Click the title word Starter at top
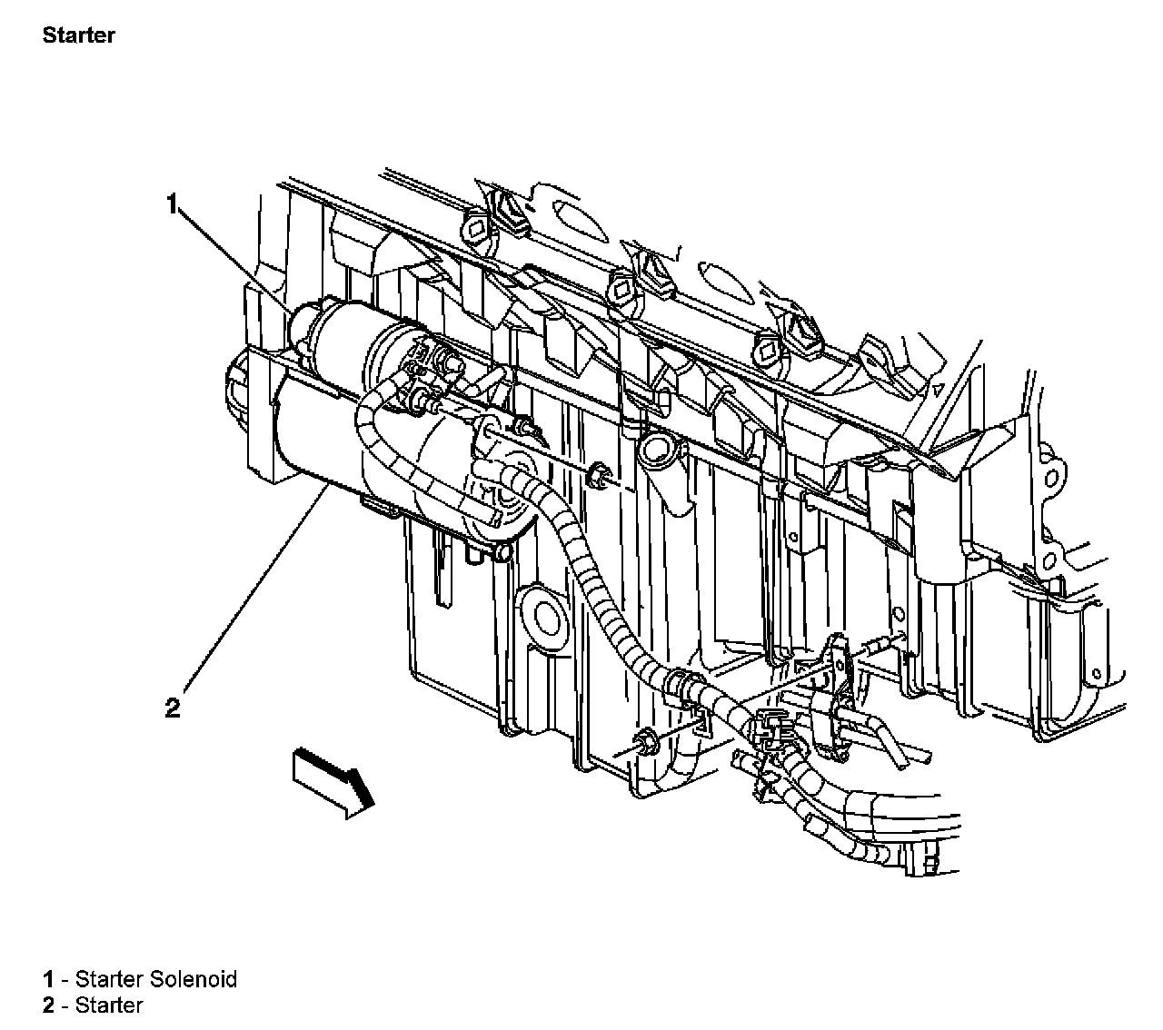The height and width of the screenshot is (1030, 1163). (78, 36)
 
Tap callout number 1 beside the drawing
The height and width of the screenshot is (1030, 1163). (172, 204)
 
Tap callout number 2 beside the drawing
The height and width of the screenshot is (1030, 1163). (173, 708)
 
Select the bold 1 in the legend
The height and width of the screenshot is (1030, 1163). (48, 979)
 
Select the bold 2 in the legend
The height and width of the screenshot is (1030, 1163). (48, 1005)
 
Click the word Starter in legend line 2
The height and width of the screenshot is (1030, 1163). (109, 1005)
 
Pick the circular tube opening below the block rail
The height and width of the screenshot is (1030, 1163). (655, 448)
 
